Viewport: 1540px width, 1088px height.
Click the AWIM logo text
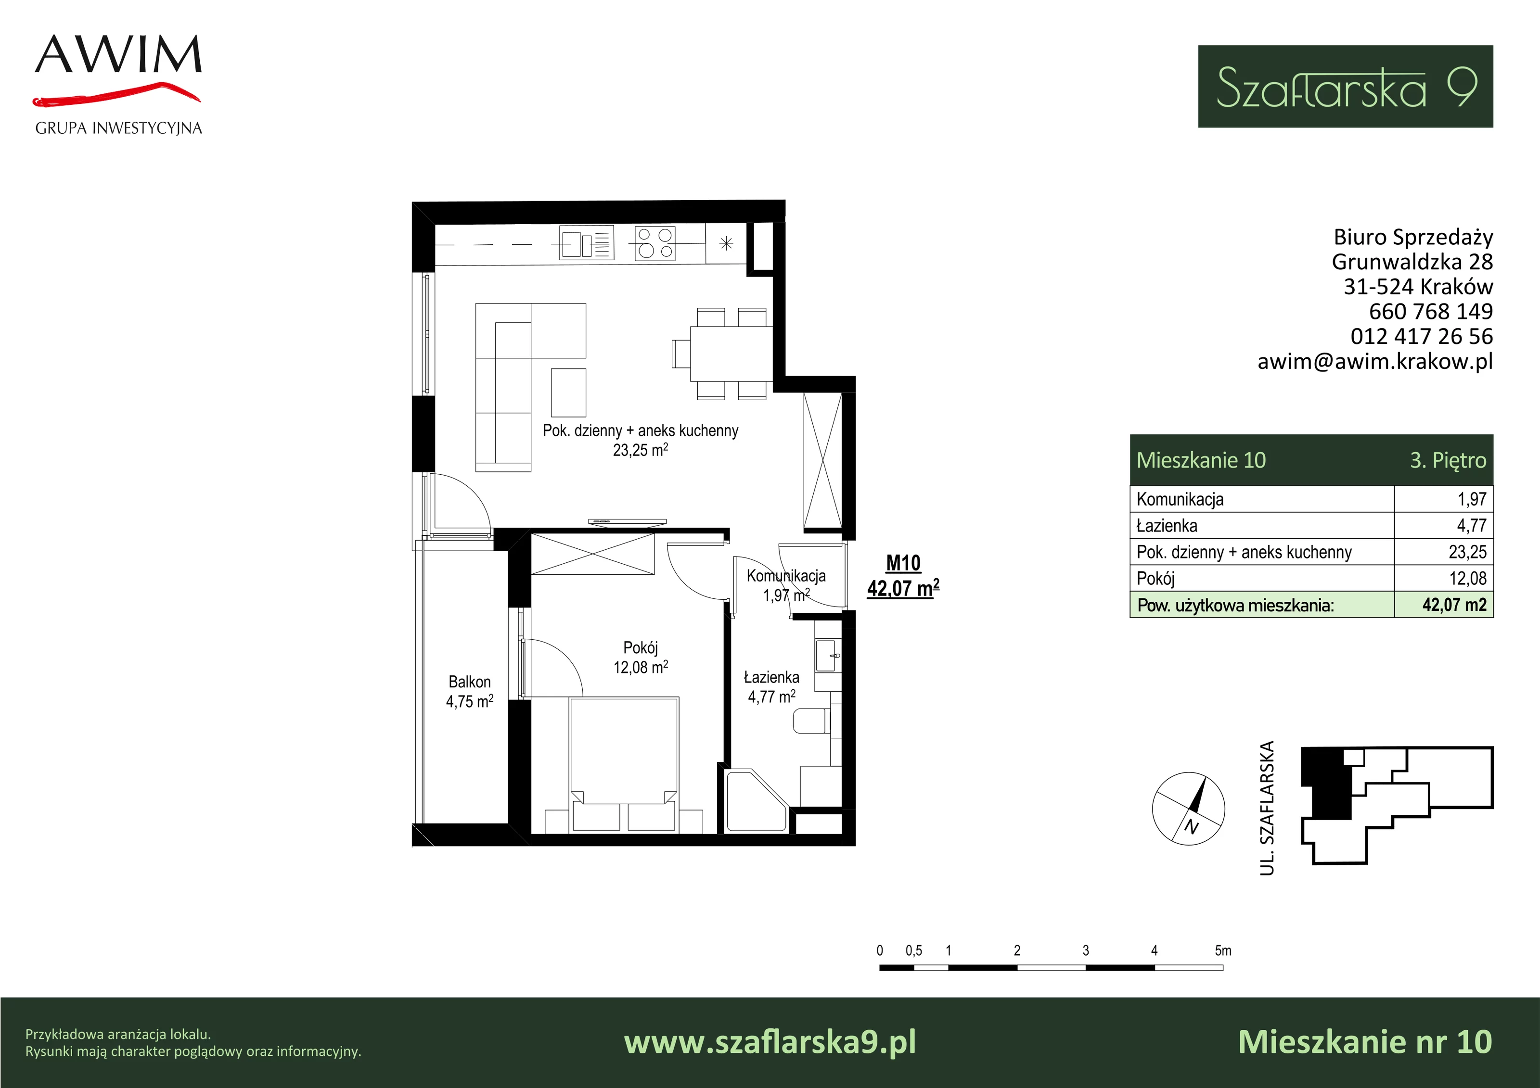[118, 54]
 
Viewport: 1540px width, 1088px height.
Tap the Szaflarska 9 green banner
[1346, 87]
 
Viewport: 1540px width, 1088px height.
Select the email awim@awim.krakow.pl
[1375, 361]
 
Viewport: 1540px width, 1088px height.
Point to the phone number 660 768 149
[1431, 311]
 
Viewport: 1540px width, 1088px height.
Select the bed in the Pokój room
[624, 765]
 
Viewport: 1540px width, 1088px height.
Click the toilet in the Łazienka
[811, 721]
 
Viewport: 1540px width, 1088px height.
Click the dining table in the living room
[731, 353]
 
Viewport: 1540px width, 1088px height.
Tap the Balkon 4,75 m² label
[470, 692]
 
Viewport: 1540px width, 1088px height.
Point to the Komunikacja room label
[786, 576]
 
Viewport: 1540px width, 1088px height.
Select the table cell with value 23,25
[1467, 552]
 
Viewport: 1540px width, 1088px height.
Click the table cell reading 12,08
[1467, 578]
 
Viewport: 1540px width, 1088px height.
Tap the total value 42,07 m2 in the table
[1454, 605]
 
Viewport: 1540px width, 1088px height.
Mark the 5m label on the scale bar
[1223, 950]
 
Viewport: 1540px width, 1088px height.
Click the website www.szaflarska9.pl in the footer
[770, 1042]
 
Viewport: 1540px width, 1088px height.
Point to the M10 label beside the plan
[903, 563]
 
